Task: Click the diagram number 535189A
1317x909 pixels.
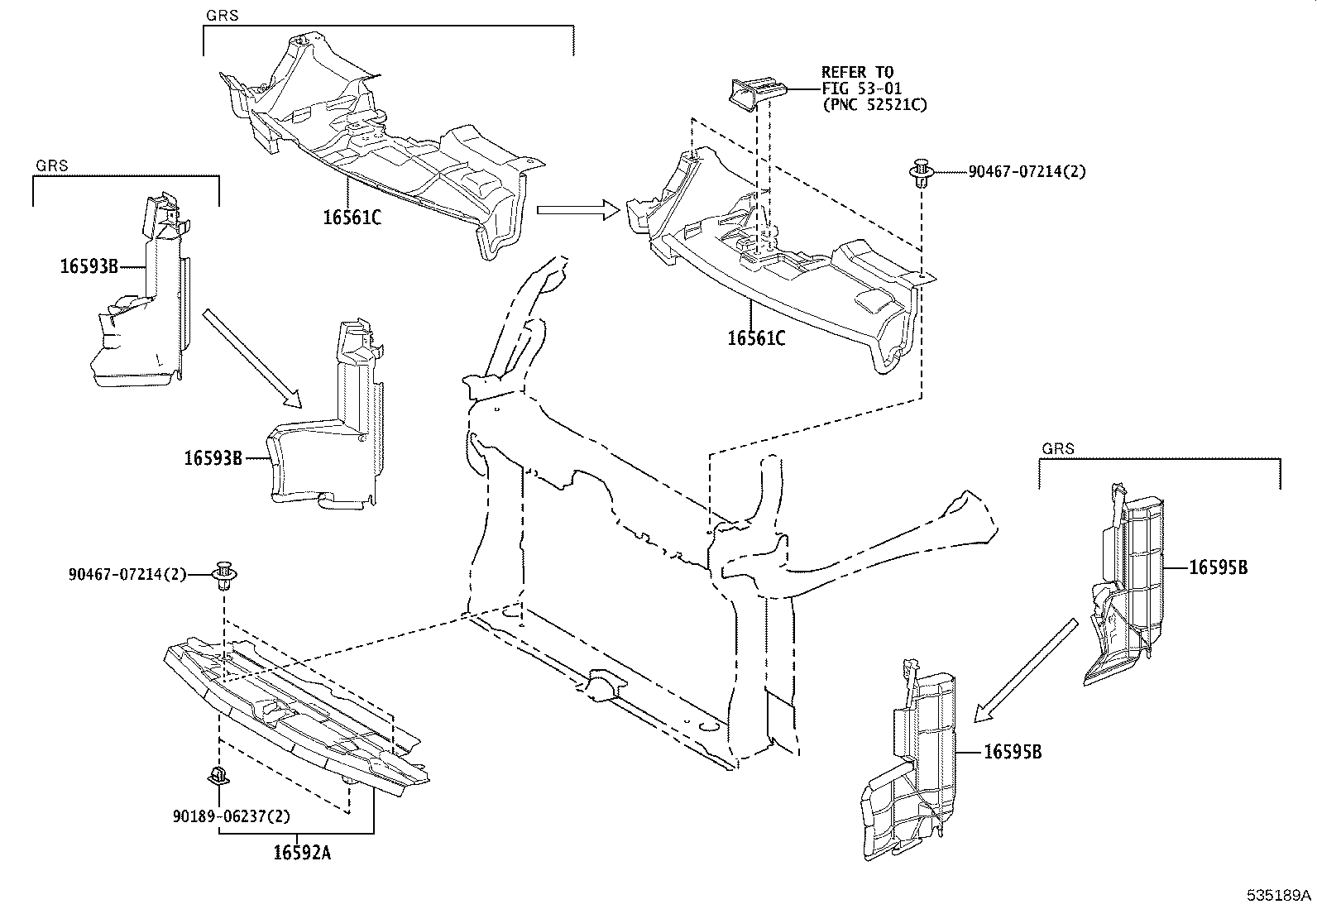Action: [x=1280, y=896]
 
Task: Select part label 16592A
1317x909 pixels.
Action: [x=302, y=853]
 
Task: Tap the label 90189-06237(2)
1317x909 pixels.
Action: [x=232, y=816]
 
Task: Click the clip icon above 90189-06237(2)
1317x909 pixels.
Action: [x=218, y=776]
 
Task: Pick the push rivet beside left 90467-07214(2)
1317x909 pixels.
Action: [x=223, y=574]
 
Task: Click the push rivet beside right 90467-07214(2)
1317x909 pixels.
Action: [x=921, y=174]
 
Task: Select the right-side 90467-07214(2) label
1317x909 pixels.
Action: [x=1027, y=172]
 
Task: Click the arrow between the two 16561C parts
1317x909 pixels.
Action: [x=577, y=210]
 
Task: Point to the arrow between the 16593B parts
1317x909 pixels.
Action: [x=251, y=357]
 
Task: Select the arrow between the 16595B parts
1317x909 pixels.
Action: [x=1026, y=670]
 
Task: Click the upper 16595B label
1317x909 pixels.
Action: [x=1218, y=567]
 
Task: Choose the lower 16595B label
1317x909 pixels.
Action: [x=1012, y=752]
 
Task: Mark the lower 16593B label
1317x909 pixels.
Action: [x=213, y=457]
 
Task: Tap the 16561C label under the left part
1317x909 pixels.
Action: [x=352, y=218]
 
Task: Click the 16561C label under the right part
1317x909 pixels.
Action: [x=756, y=338]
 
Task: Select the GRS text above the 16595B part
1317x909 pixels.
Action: [x=1057, y=449]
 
